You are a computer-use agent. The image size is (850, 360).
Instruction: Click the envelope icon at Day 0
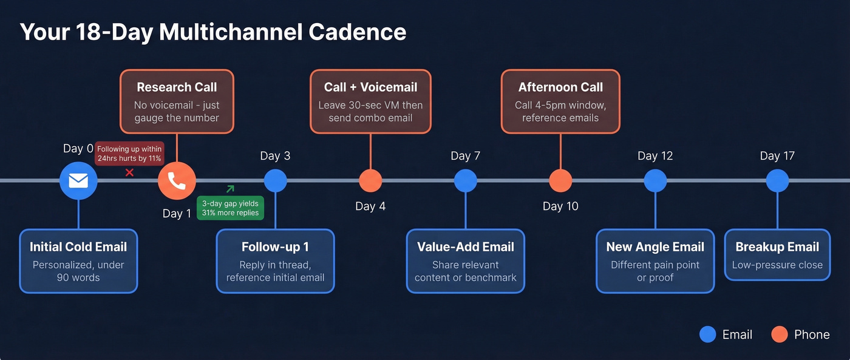click(78, 181)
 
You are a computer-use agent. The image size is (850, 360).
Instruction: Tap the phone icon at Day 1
click(177, 181)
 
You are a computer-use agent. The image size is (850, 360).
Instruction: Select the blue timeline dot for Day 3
click(275, 180)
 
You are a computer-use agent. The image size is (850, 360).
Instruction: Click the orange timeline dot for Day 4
click(370, 180)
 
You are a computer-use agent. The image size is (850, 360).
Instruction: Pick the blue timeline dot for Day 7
click(466, 180)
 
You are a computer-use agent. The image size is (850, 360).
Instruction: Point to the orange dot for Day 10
click(560, 180)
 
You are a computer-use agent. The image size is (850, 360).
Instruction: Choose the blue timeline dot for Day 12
click(655, 180)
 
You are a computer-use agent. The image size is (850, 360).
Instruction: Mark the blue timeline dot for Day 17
click(777, 180)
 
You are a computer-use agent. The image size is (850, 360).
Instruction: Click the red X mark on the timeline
click(129, 173)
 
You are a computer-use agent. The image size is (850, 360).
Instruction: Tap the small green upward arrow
click(230, 189)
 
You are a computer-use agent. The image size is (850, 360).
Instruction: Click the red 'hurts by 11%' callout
click(129, 154)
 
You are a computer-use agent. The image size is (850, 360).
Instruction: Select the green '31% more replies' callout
click(230, 208)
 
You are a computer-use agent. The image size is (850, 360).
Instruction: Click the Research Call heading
click(177, 87)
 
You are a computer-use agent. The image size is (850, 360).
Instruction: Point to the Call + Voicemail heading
click(370, 87)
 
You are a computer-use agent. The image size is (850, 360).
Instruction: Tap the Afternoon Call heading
click(560, 87)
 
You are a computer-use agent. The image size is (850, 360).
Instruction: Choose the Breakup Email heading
click(777, 247)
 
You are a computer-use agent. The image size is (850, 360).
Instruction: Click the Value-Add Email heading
click(466, 247)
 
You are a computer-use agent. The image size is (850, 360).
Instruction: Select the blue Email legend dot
click(708, 335)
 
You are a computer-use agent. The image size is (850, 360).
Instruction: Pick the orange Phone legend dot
click(779, 335)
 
